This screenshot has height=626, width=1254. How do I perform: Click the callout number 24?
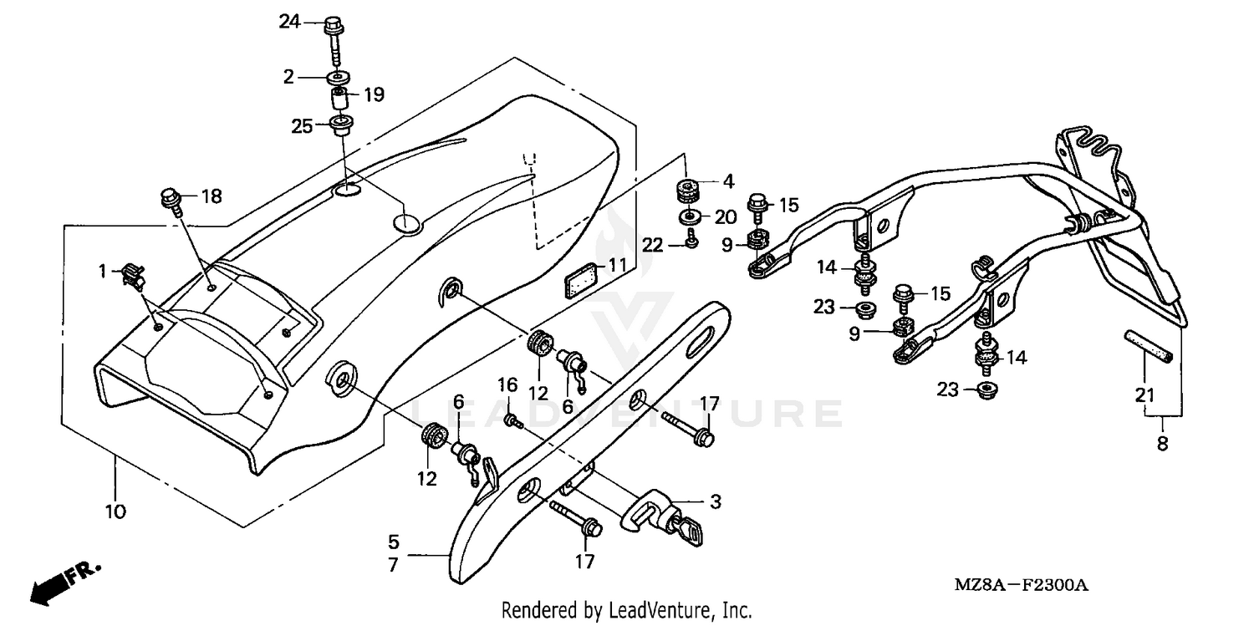(289, 23)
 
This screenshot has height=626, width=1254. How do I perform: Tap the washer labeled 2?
(338, 78)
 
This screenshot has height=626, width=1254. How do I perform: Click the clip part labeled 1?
(133, 273)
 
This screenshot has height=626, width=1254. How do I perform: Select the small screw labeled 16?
(511, 422)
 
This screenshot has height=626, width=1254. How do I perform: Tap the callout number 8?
(1162, 445)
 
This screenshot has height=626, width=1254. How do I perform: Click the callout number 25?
(301, 126)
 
